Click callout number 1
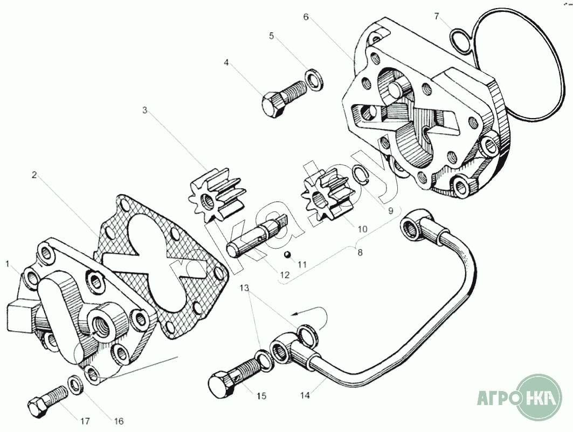(8, 264)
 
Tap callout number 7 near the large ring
(437, 16)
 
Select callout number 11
(302, 264)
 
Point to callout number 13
(245, 289)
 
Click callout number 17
(85, 421)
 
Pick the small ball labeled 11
(289, 253)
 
